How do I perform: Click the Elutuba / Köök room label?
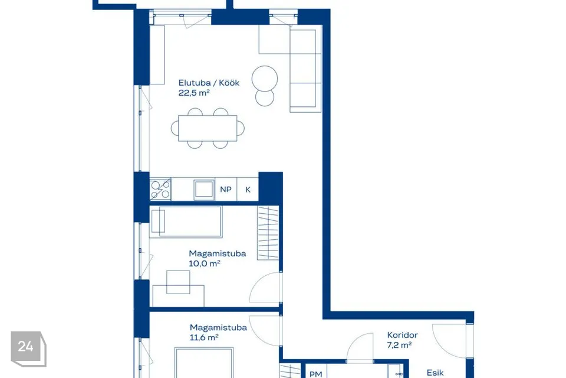coord(209,83)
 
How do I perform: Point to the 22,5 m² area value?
coord(194,93)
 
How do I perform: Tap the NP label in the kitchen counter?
coord(226,190)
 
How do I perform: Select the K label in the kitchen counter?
coord(248,190)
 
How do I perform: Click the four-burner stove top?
coord(160,189)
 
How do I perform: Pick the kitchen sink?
coord(204,189)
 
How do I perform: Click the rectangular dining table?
coord(208,128)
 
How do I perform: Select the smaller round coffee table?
coord(265,97)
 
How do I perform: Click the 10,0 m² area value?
coord(205,263)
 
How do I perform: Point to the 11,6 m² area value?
coord(204,337)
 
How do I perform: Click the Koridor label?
coord(403,335)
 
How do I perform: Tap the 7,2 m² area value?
coord(399,345)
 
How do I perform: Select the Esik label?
coord(435,373)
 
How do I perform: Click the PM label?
coord(316,374)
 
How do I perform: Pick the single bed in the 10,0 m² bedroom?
coord(186,221)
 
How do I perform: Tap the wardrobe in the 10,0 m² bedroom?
coord(268,233)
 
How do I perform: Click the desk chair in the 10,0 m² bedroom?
coord(178,282)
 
